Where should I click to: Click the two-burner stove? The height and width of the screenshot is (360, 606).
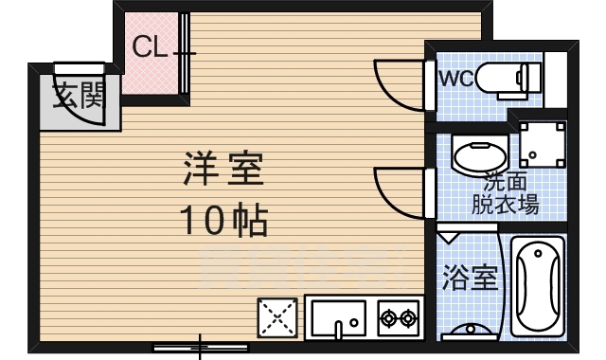point(398,317)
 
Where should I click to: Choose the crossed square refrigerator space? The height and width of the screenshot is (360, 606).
point(276,317)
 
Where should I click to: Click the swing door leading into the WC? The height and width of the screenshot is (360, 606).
point(398,83)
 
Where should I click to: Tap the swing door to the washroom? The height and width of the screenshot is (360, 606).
point(398,189)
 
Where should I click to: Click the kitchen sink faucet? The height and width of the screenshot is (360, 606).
point(338,329)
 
